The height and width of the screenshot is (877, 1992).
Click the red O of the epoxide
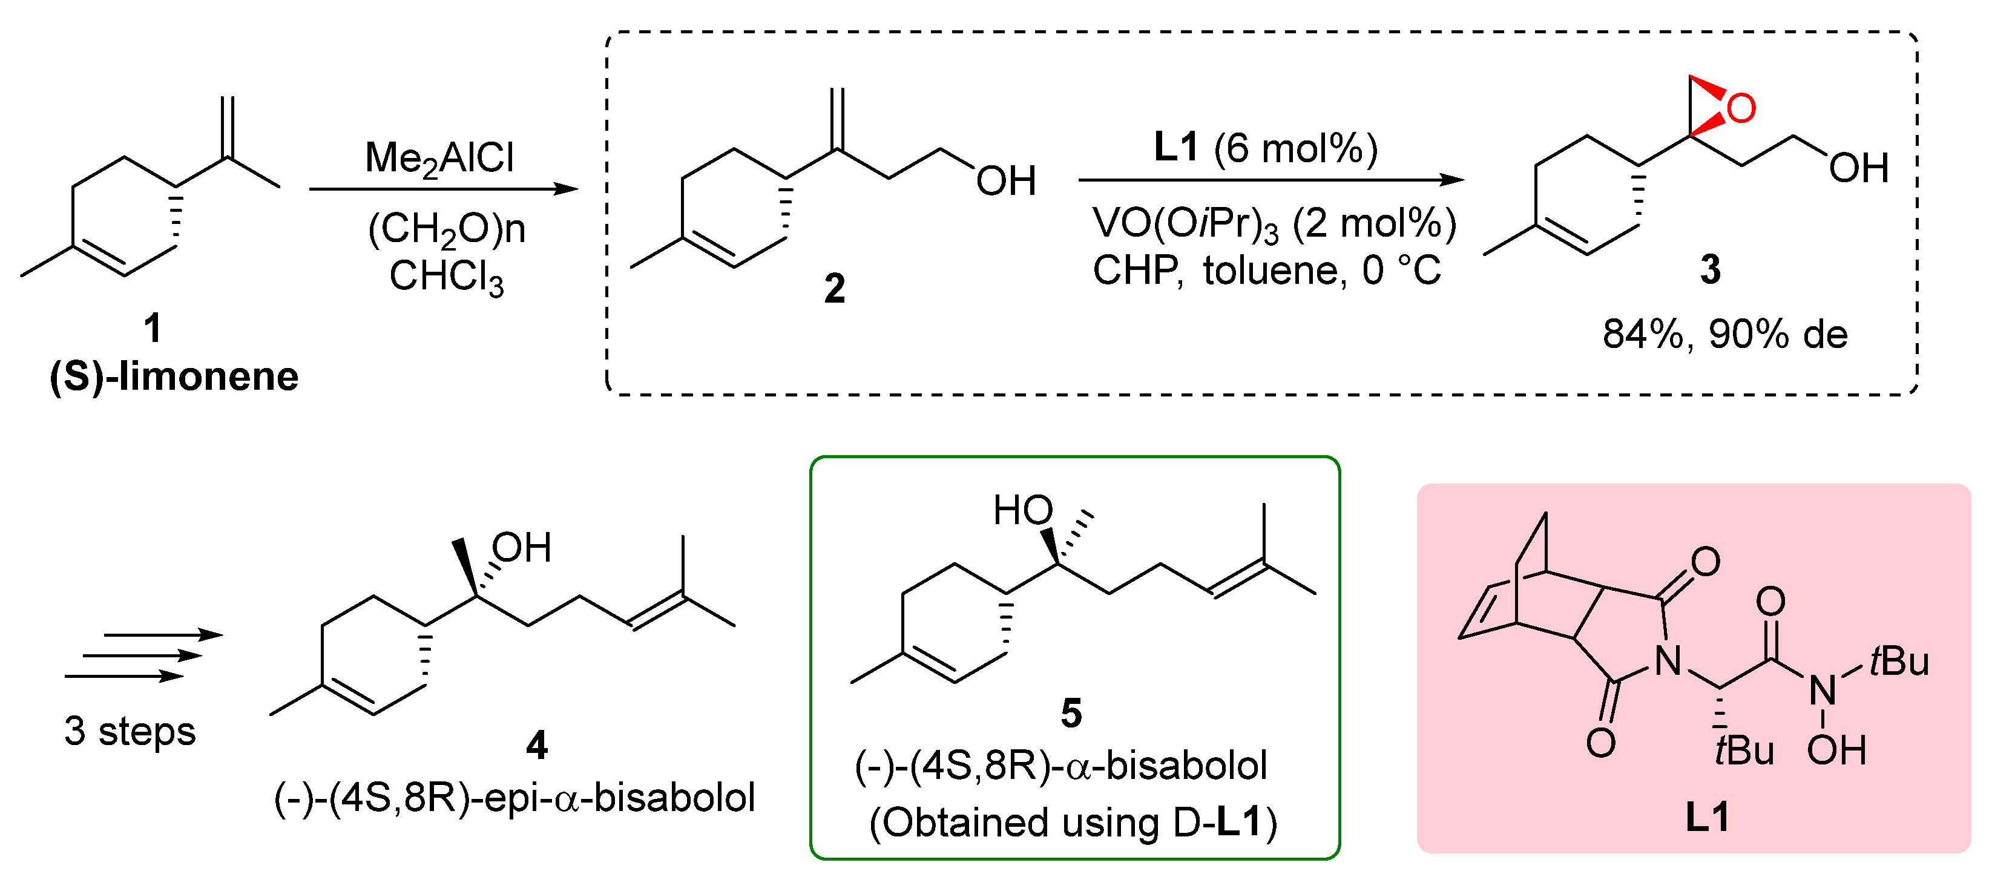click(1740, 108)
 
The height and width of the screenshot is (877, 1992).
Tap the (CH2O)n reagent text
click(446, 229)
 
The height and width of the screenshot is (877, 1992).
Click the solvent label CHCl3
click(446, 276)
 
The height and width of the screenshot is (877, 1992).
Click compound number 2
click(834, 289)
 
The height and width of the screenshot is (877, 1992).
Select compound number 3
click(1710, 270)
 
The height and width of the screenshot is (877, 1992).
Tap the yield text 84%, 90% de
click(1724, 334)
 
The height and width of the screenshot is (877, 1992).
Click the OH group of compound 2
click(1005, 182)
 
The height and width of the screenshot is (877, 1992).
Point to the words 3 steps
click(130, 731)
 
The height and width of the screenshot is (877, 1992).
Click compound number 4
click(537, 744)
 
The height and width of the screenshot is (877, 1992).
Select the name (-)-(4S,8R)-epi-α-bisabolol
click(514, 797)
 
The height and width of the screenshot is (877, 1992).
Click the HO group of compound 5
click(1022, 510)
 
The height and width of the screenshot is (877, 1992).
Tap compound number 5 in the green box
click(1071, 712)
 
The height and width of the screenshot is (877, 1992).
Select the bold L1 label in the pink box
click(1707, 816)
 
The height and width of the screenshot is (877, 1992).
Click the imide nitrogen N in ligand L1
click(1668, 660)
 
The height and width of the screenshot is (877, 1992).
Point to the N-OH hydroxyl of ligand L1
click(1836, 749)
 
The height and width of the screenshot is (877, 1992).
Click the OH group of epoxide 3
click(1858, 168)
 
